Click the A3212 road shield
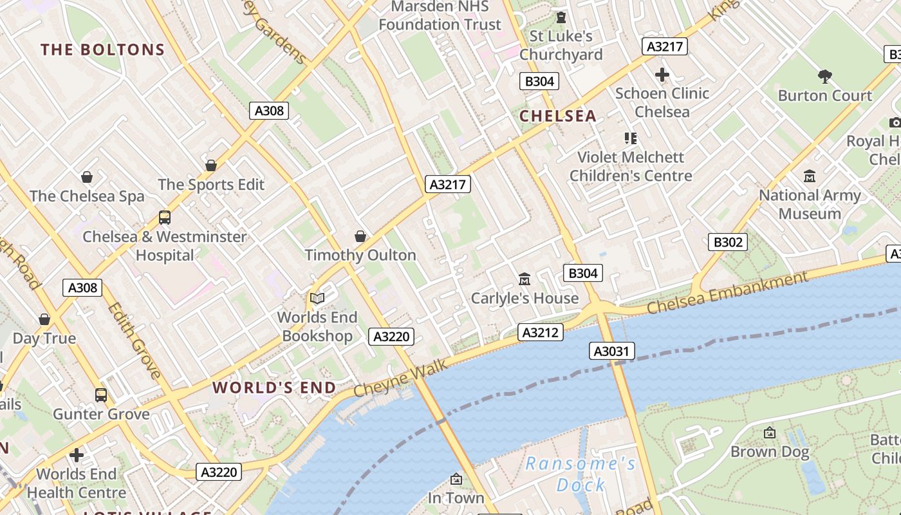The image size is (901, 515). [541, 332]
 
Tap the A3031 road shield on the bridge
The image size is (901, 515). [612, 351]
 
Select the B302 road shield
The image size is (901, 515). [729, 242]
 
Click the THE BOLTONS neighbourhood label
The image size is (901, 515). [103, 50]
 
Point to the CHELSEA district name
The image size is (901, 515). [558, 116]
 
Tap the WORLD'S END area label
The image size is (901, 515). [274, 388]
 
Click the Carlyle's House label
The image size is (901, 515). [525, 298]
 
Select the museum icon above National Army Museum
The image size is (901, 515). [810, 176]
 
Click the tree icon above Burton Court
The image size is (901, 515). [825, 77]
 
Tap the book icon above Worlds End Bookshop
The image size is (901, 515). [317, 298]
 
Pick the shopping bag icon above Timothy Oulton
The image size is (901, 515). [360, 236]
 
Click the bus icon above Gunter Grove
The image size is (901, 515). [101, 395]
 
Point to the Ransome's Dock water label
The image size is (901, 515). [581, 474]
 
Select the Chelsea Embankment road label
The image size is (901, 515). [727, 293]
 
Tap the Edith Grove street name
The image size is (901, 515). [135, 341]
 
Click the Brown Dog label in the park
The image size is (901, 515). [770, 452]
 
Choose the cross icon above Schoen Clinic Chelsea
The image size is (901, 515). [662, 75]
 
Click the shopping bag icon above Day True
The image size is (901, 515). [44, 319]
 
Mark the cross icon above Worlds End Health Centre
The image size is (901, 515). [77, 455]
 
